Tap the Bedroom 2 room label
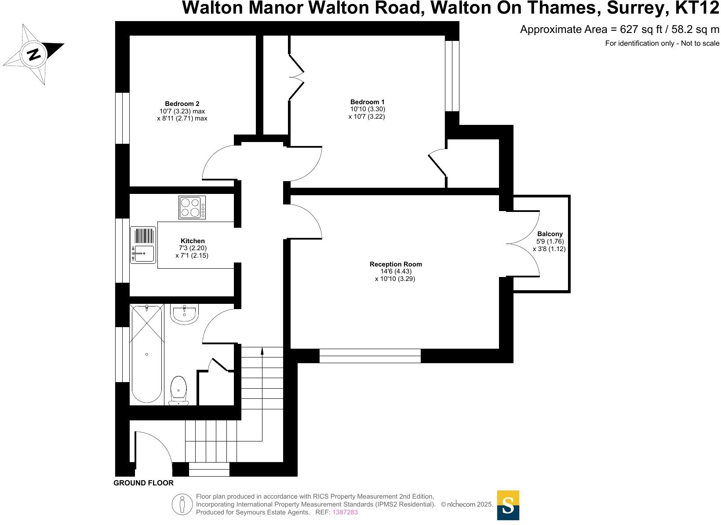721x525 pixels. click(x=182, y=104)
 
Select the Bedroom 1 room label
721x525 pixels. click(x=367, y=102)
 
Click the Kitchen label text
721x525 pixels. click(x=193, y=241)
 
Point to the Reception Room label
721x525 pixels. click(x=396, y=264)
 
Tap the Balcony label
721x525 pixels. click(x=550, y=234)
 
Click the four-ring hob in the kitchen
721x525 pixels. click(x=192, y=208)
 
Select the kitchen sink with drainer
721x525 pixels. click(x=143, y=245)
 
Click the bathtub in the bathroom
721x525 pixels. click(x=147, y=354)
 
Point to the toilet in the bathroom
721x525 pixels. click(x=178, y=390)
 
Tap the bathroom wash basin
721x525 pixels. click(x=185, y=314)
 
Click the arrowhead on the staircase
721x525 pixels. click(x=262, y=351)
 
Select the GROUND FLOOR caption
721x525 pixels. click(x=143, y=483)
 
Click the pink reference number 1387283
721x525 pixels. click(x=345, y=512)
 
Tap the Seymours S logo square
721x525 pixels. click(x=508, y=505)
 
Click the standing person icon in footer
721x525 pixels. click(x=182, y=504)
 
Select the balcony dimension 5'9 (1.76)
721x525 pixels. click(x=550, y=241)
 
